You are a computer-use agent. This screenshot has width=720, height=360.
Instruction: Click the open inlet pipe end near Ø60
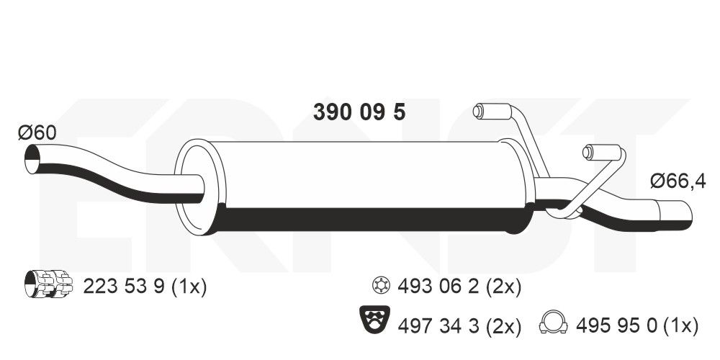pos(32,160)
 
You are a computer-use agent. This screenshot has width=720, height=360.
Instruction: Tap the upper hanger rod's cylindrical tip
pos(481,111)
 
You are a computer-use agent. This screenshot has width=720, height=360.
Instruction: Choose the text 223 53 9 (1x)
pos(145,287)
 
